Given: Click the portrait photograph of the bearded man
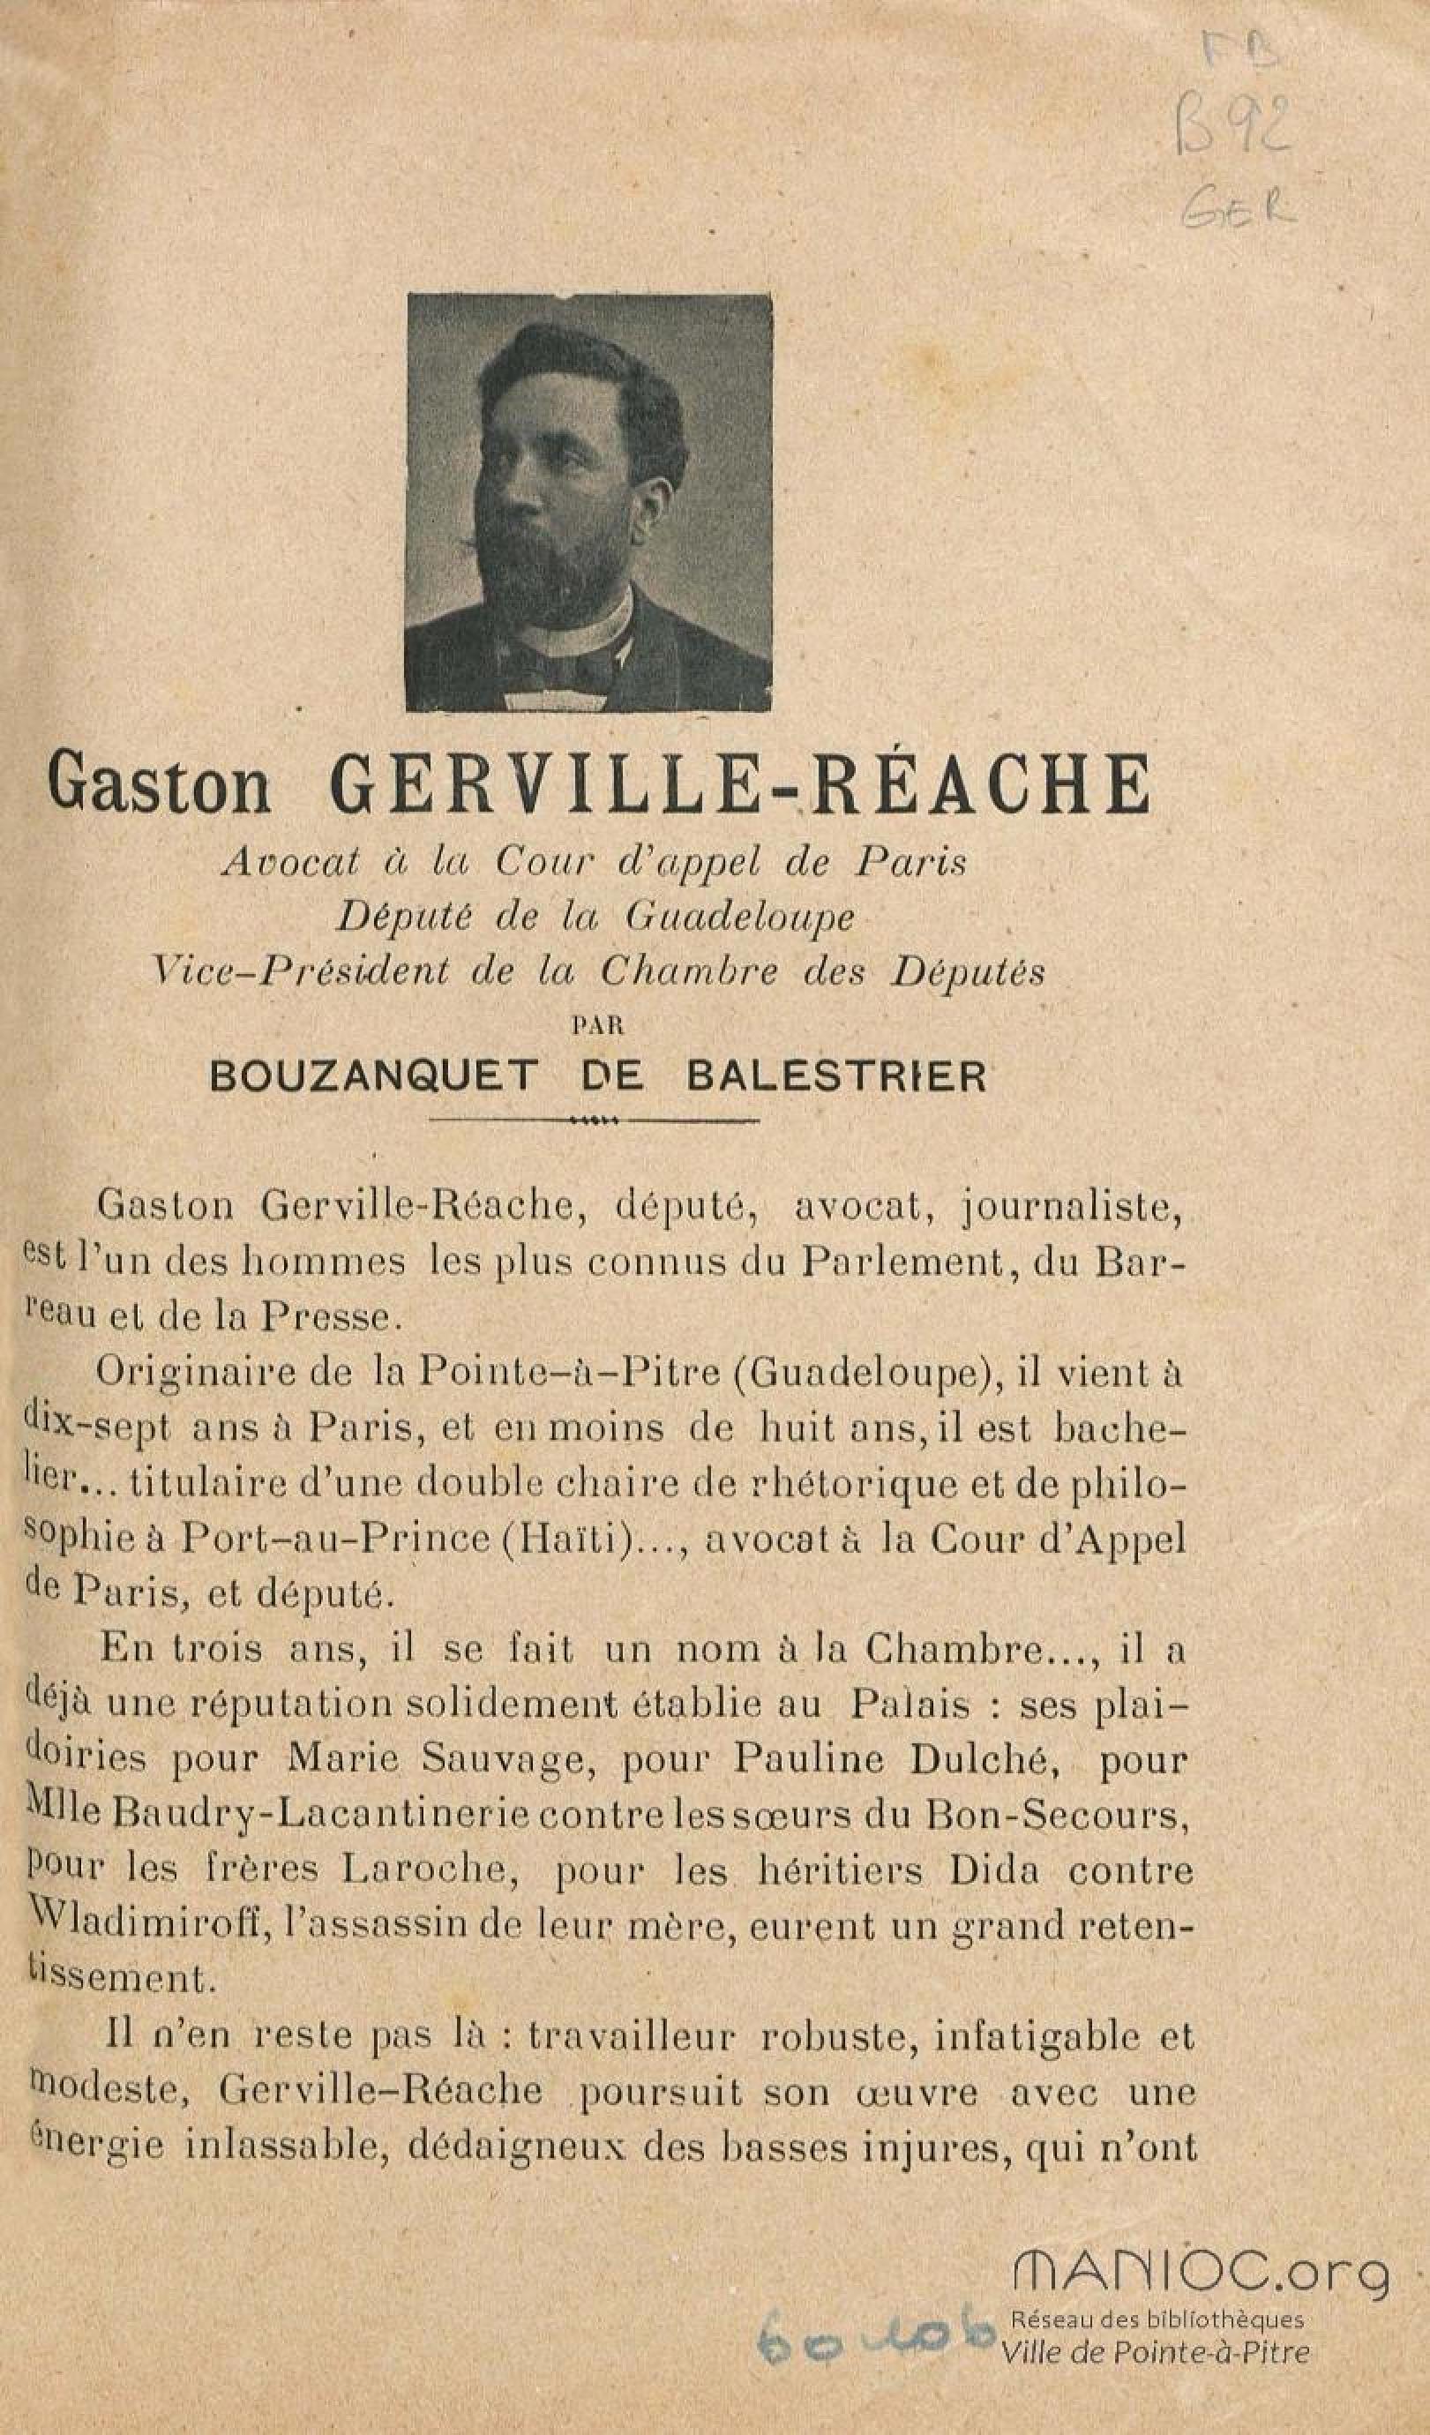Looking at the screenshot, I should tap(588, 503).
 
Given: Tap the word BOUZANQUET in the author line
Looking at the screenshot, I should tap(371, 1076).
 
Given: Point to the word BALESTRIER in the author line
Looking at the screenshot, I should tap(835, 1076).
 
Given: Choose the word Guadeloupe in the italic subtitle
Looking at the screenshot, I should tap(739, 918).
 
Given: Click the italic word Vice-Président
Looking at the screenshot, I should tap(301, 972).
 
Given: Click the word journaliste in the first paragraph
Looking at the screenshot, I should tap(1072, 1206).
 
